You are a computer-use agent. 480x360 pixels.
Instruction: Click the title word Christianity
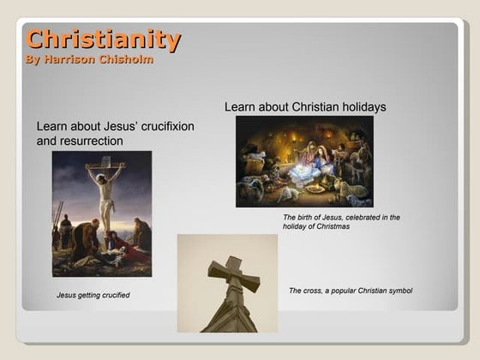103,39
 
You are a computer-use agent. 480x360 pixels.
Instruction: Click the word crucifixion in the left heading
164,127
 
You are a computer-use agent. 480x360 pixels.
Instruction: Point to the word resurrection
92,141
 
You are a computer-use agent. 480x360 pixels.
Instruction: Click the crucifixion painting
101,213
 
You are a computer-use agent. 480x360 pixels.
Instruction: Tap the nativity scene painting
304,161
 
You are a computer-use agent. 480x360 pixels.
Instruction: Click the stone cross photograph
227,283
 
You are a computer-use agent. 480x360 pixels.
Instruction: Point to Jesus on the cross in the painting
105,193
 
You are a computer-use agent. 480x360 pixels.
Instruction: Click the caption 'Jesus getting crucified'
93,295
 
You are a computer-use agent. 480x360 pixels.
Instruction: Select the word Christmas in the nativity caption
332,226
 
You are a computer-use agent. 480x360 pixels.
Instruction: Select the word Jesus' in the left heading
111,127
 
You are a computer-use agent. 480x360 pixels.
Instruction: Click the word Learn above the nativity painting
240,107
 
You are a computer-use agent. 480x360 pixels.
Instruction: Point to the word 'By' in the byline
32,60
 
